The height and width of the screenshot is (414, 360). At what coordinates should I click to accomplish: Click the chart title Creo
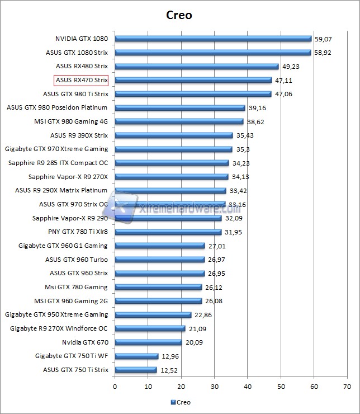179,15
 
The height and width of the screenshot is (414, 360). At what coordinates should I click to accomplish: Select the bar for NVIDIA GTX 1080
212,39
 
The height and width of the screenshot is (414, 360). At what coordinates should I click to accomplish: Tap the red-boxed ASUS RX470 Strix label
81,80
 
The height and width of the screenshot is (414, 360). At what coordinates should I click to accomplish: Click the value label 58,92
323,53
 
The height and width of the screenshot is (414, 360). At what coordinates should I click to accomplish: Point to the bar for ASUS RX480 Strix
196,67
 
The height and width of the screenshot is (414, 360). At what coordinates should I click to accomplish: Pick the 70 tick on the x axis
348,386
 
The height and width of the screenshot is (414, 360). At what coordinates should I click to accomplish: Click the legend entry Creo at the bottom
180,402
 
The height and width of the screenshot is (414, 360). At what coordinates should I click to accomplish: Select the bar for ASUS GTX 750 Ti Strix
135,370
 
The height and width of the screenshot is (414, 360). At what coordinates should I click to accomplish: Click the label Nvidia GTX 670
85,342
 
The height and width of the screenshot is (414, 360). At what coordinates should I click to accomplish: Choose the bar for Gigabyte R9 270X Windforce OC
149,328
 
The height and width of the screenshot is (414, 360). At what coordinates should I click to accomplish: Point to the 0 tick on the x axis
115,386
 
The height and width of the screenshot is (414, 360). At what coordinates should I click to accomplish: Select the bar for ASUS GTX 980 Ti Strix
193,94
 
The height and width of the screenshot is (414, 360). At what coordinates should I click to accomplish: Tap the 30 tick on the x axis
215,386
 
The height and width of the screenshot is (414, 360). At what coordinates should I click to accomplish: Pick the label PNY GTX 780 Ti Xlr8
78,232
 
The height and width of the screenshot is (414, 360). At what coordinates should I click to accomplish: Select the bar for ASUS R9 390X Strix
173,135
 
